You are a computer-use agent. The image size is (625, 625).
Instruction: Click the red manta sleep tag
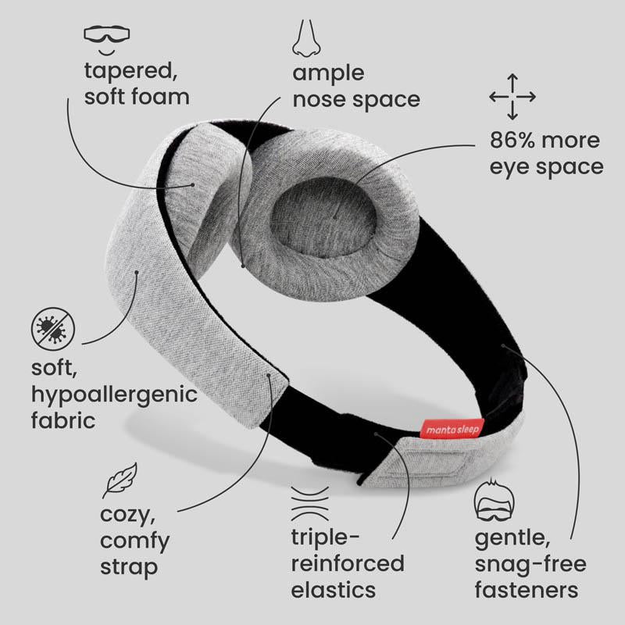coord(453,429)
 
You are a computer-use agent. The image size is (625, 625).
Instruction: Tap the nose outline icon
coord(306,38)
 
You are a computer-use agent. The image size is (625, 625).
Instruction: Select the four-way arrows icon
coord(512,96)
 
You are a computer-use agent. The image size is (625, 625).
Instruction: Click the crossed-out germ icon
coord(53,329)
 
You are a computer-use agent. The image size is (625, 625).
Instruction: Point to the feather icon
coord(120,480)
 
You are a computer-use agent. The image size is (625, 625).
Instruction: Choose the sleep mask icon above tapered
coord(107,40)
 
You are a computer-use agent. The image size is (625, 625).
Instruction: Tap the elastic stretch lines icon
coord(309,503)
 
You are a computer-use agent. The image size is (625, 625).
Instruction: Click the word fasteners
coord(527,590)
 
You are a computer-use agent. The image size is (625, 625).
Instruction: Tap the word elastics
coord(334,590)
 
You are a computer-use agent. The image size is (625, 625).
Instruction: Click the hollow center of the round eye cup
coord(323,216)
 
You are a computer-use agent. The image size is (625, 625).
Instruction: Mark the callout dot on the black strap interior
coord(503,345)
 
